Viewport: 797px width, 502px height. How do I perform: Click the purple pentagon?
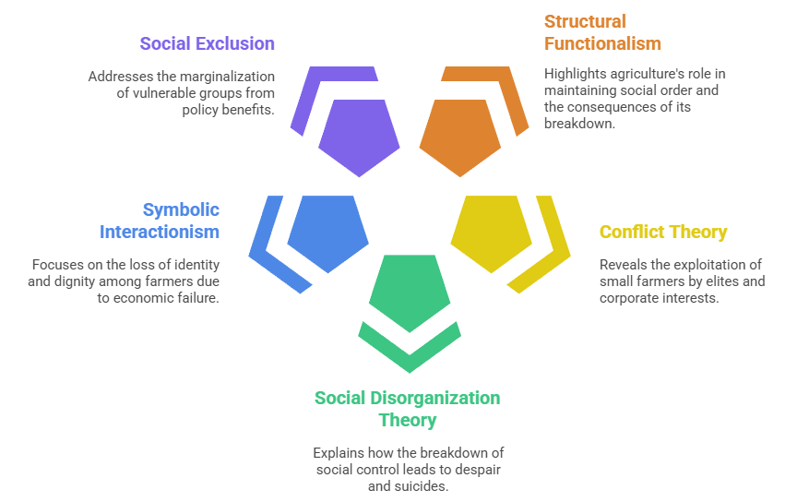pos(359,137)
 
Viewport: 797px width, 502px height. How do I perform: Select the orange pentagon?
pos(460,137)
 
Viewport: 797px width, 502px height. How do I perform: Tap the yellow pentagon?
pos(492,233)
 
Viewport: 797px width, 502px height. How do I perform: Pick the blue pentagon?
pos(327,233)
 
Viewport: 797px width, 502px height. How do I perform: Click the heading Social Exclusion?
pos(207,43)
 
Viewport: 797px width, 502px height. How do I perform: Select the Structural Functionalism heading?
pos(602,32)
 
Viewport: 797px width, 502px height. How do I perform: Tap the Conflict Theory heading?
pos(663,232)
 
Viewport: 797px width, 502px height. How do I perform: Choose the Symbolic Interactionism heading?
pos(160,220)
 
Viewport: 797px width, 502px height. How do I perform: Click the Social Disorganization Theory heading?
pos(407,409)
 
